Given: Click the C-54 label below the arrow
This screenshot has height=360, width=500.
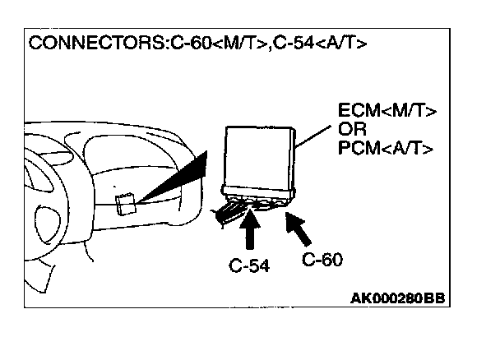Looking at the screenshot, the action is click(x=249, y=265).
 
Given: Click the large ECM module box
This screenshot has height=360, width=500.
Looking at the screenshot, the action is click(x=260, y=159).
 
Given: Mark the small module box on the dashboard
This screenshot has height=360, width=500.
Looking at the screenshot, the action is click(x=126, y=203).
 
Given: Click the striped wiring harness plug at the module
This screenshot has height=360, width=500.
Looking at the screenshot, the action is click(x=229, y=211).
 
